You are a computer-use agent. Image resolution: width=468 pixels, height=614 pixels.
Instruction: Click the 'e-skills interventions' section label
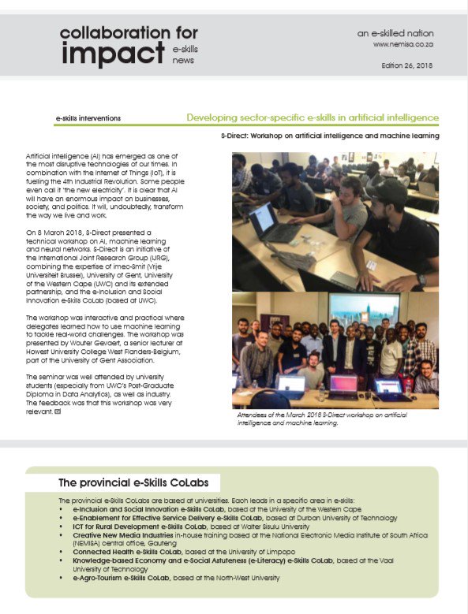point(88,118)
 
